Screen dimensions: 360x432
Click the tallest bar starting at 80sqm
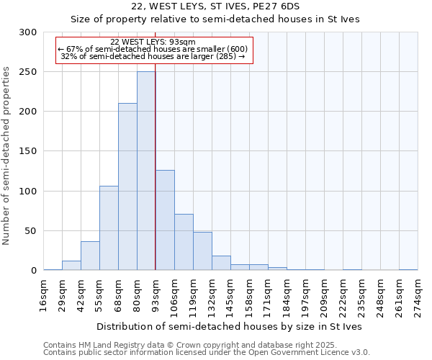pos(146,171)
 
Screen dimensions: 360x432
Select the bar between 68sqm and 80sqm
pos(127,186)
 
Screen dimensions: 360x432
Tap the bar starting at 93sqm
pos(165,220)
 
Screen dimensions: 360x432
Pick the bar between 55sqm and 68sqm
pos(109,228)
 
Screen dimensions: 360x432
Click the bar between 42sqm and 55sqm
pos(90,256)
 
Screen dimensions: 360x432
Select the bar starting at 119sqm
pos(202,251)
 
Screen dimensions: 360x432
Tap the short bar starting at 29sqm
pos(71,265)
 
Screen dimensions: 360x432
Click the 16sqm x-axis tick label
pos(44,294)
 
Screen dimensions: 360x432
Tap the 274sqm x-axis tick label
pos(418,294)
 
